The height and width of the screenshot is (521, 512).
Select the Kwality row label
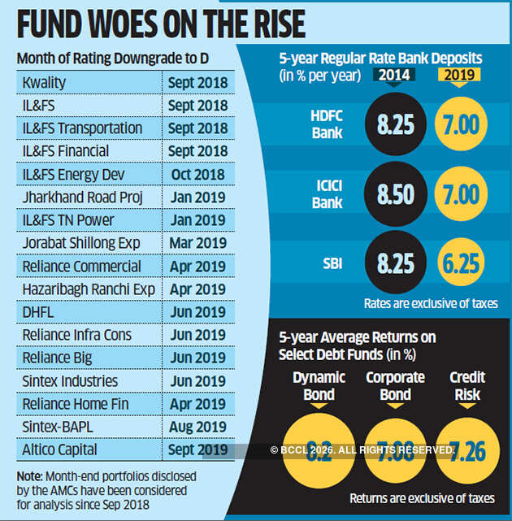point(46,83)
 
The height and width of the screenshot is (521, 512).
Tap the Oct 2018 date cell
point(197,175)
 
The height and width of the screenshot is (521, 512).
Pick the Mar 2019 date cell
point(197,243)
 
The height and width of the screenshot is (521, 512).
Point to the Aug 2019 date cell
point(197,427)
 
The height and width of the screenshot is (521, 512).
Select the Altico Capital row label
point(61,449)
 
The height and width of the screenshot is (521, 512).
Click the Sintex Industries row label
point(71,381)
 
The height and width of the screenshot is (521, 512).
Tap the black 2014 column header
point(395,75)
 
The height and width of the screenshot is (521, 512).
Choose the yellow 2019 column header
point(459,75)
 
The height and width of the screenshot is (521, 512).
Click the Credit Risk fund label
point(467,386)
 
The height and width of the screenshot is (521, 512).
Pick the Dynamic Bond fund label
point(319,386)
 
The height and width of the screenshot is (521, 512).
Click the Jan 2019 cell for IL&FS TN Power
point(197,220)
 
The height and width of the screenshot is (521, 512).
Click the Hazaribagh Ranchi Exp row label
point(79,289)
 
